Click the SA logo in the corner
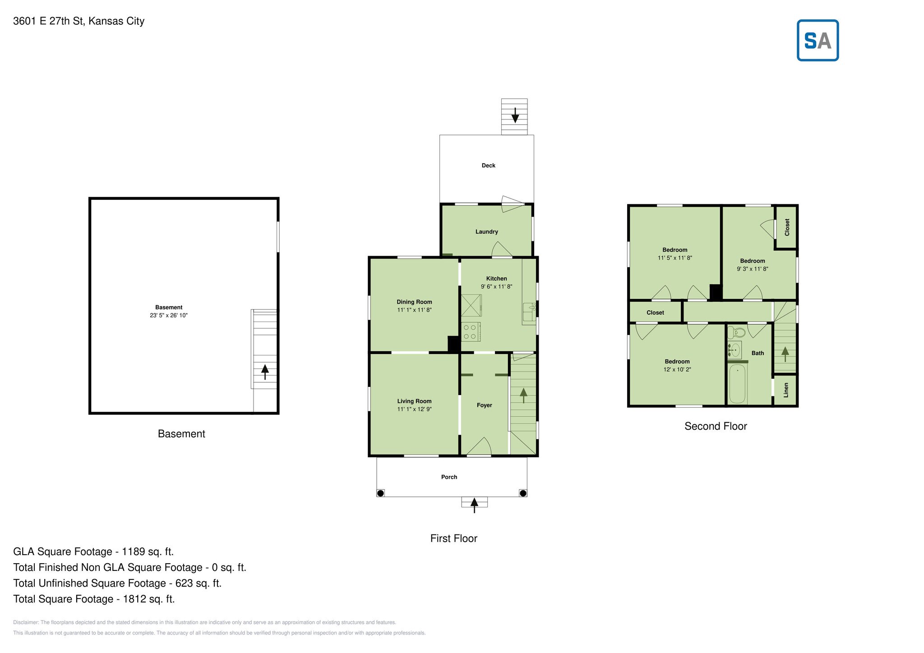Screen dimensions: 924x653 [x=818, y=40]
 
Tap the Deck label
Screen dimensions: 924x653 [x=488, y=166]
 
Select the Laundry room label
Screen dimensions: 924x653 [x=486, y=232]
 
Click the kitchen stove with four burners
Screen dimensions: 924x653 [x=471, y=331]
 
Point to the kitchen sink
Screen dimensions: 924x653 [x=529, y=312]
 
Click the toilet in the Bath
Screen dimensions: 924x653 [x=736, y=333]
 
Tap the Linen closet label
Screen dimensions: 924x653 [x=785, y=390]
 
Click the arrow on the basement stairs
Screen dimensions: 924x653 [x=265, y=372]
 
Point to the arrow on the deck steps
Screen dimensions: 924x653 [x=515, y=115]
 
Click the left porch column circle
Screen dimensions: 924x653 [x=380, y=493]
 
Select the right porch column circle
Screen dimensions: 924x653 [x=523, y=493]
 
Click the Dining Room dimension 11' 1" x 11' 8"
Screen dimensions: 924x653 [x=414, y=310]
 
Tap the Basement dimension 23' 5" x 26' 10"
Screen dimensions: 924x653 [x=168, y=315]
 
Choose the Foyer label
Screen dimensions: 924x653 [x=484, y=405]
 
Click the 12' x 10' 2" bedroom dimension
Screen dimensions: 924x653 [x=677, y=369]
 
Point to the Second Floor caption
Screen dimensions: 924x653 [x=716, y=426]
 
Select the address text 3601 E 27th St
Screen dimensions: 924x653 [x=49, y=21]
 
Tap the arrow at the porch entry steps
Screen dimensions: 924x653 [x=474, y=505]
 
